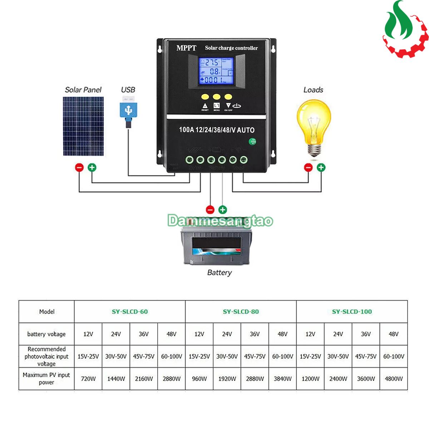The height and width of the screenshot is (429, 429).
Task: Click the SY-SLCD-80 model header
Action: [x=241, y=311]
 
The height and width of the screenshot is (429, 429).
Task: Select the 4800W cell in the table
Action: [x=394, y=379]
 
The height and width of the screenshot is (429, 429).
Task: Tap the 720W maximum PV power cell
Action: [x=88, y=379]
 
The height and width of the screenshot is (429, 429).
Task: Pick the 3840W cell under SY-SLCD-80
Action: [x=282, y=379]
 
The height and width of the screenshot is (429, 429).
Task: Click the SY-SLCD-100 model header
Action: [x=352, y=311]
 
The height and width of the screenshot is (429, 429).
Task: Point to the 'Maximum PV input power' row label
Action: [x=46, y=379]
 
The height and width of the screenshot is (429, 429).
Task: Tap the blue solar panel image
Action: [x=83, y=126]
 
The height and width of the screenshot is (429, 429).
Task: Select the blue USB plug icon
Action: [x=128, y=111]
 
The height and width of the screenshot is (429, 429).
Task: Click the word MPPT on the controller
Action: [x=186, y=48]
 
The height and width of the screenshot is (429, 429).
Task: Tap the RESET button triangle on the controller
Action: [x=205, y=106]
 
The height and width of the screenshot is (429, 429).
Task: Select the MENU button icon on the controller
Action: [x=217, y=106]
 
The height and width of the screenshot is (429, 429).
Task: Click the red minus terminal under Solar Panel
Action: [x=79, y=167]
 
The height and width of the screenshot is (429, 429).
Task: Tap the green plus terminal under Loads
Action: [x=321, y=167]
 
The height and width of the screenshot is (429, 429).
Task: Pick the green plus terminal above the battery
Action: [x=223, y=209]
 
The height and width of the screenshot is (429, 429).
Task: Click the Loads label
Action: [x=313, y=90]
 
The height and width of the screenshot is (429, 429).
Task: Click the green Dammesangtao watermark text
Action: [x=220, y=221]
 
